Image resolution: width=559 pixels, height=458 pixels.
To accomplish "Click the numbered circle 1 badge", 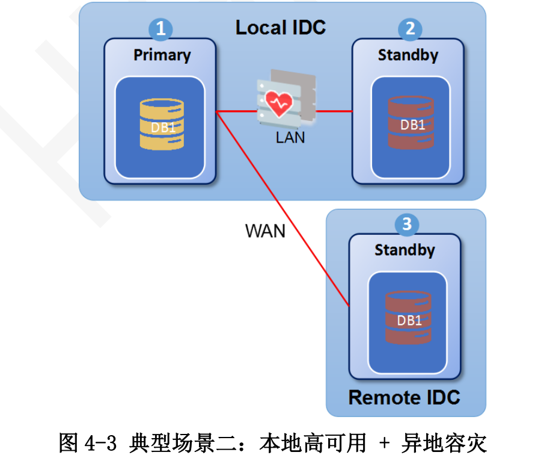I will coord(160,28).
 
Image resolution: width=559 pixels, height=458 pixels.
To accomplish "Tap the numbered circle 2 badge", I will coord(410,28).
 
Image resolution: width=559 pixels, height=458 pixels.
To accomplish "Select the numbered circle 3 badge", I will coord(406,224).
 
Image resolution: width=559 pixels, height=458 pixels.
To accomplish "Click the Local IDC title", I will coord(280,28).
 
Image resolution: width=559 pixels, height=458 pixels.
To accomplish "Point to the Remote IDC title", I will coord(404,398).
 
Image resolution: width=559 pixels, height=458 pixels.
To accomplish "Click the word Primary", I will coord(162,55).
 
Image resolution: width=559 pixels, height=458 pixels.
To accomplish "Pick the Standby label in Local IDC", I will coord(408,55).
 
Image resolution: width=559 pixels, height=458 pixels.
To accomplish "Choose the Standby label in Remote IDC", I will coord(405,250).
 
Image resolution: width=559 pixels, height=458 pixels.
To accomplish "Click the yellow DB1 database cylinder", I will coord(162,125).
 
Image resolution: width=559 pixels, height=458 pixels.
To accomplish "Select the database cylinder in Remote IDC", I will coord(409,317).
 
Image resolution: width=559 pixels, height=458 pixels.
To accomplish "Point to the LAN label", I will coord(290,138).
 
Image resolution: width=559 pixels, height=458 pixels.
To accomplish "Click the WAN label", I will coord(265,231).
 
